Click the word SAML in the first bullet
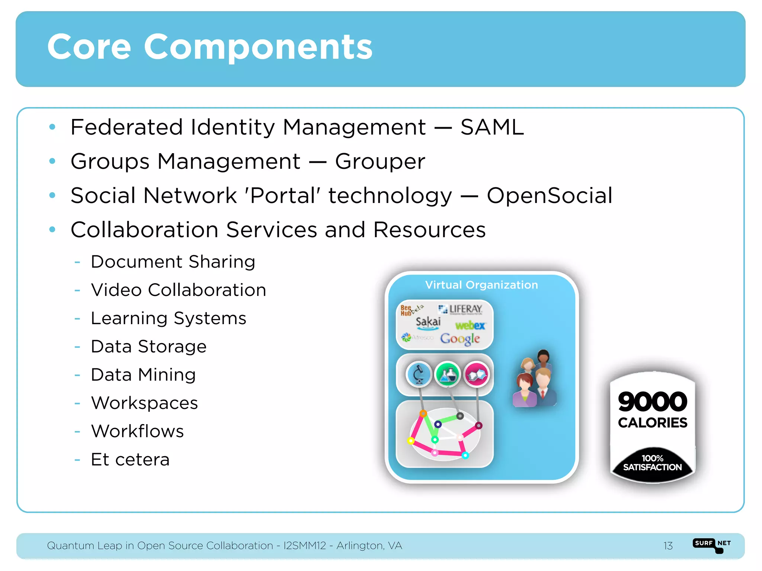(x=492, y=128)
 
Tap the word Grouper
(x=380, y=162)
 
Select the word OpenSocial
(x=549, y=196)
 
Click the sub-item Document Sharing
(x=173, y=262)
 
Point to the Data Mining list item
(x=143, y=375)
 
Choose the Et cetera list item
(x=130, y=459)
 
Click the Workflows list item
(x=137, y=431)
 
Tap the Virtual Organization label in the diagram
(x=481, y=285)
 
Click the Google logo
(x=460, y=339)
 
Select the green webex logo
(x=470, y=326)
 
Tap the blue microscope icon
(x=419, y=374)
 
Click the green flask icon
(x=448, y=374)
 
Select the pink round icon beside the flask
(x=477, y=374)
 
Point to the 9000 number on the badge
(x=653, y=402)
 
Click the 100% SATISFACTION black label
(x=653, y=463)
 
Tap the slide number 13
(x=668, y=546)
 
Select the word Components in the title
(x=258, y=47)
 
